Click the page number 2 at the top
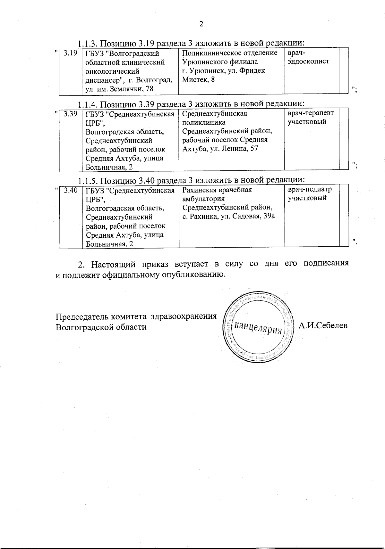201,24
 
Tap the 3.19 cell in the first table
70,53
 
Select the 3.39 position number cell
71,113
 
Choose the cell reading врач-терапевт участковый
310,117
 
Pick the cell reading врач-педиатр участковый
310,193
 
